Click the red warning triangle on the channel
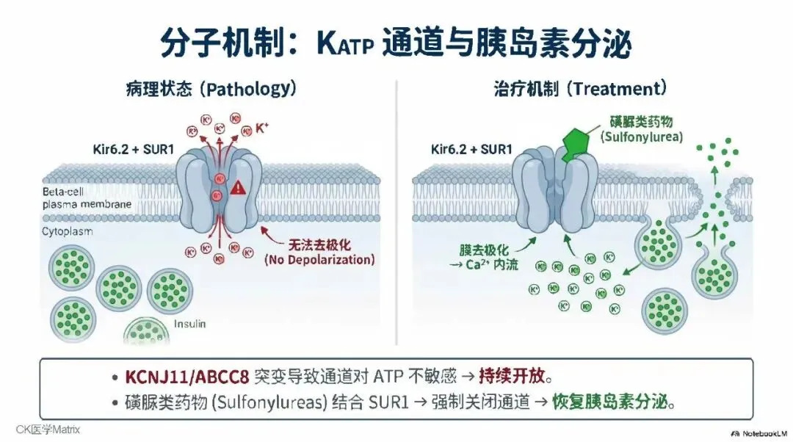click(238, 188)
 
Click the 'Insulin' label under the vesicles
click(190, 324)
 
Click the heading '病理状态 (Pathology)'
click(210, 89)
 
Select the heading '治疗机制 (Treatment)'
click(579, 89)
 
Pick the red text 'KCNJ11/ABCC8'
click(187, 377)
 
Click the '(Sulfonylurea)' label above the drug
click(641, 137)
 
